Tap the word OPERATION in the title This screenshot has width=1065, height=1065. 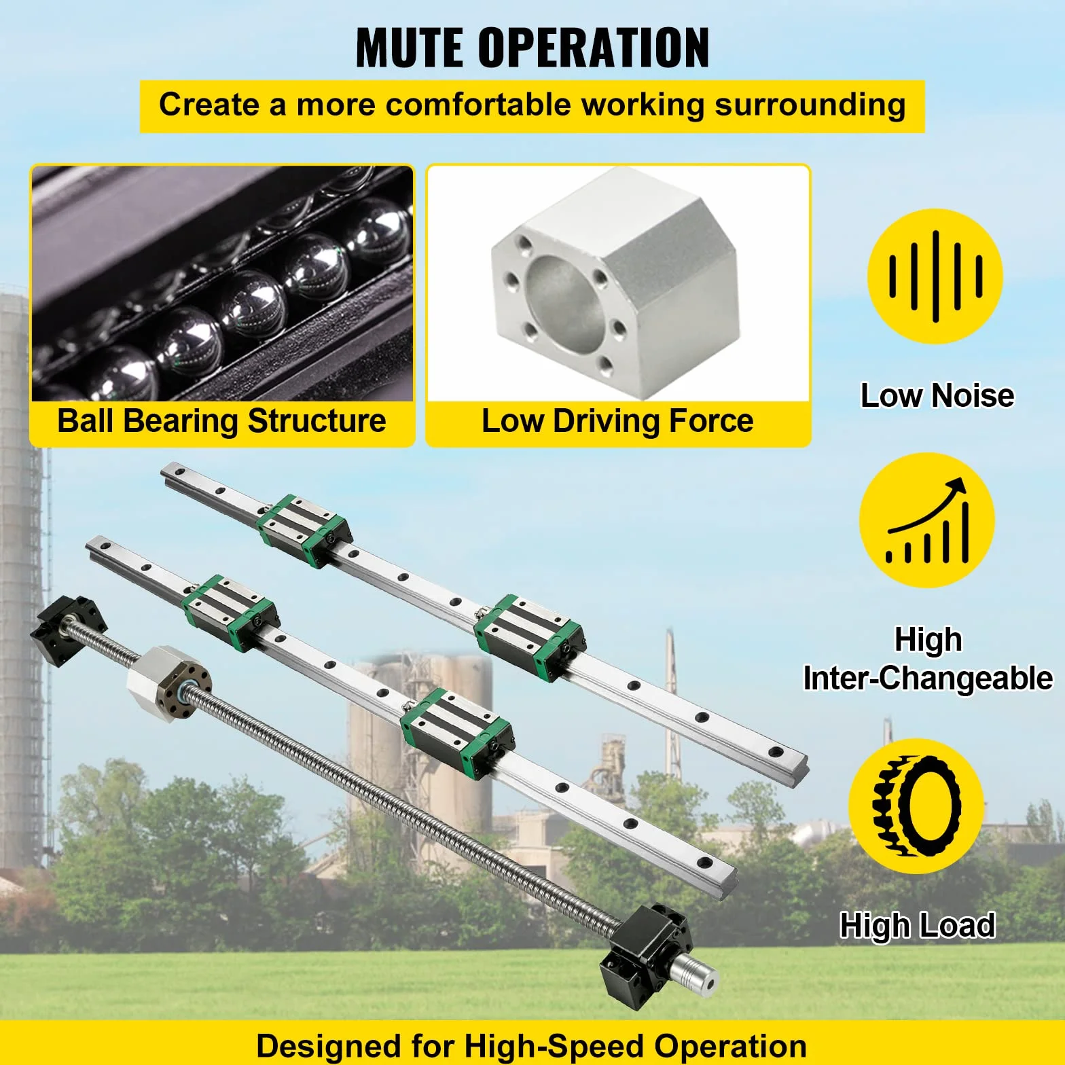tap(594, 48)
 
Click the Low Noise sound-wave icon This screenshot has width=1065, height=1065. tap(936, 276)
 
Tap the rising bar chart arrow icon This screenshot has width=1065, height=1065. tap(928, 520)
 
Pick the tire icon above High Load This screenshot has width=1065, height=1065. tap(916, 806)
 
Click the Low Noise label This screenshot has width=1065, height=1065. tap(937, 395)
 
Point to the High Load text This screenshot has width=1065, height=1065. tap(918, 925)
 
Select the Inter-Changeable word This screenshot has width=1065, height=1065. tap(928, 678)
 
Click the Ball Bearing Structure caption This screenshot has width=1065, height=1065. tap(221, 420)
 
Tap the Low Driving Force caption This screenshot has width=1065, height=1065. tap(617, 420)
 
